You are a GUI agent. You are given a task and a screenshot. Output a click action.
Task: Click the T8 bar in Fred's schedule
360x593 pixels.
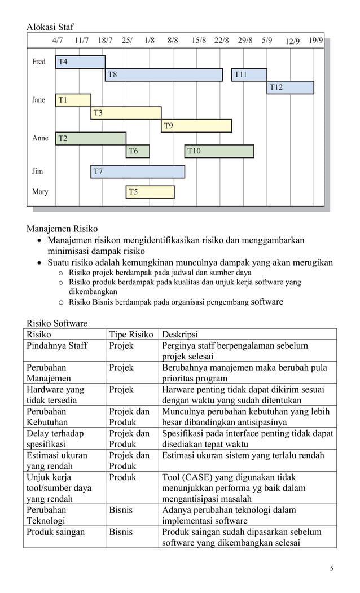164,74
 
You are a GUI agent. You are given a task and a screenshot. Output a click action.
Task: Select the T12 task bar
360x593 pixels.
290,87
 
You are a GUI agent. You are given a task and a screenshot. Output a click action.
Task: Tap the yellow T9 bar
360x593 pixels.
196,126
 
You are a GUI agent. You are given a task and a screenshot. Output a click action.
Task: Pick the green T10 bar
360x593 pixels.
219,151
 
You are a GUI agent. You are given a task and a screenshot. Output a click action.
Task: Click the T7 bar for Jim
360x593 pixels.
138,172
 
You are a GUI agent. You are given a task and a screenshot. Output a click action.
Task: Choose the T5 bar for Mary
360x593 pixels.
150,192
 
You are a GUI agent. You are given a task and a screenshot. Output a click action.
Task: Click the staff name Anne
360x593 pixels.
40,138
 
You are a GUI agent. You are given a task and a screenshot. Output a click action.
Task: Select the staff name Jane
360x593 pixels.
38,100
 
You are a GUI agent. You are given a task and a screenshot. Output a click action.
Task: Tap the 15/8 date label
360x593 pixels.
199,41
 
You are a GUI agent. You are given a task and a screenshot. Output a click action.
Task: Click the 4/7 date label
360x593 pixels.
58,41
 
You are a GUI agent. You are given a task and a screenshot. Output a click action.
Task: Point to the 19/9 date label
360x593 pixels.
315,41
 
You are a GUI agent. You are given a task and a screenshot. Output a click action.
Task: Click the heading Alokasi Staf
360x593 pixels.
50,27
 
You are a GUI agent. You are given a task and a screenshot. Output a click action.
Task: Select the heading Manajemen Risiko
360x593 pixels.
62,229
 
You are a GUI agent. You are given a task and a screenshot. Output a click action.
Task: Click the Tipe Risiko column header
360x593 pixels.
131,334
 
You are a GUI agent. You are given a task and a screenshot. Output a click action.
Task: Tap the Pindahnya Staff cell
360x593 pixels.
57,345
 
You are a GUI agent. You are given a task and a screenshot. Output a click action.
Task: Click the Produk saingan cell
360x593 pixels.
55,532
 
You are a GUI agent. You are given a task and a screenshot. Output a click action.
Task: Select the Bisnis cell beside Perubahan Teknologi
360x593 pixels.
121,510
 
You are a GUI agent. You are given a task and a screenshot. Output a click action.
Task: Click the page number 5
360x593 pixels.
331,568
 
